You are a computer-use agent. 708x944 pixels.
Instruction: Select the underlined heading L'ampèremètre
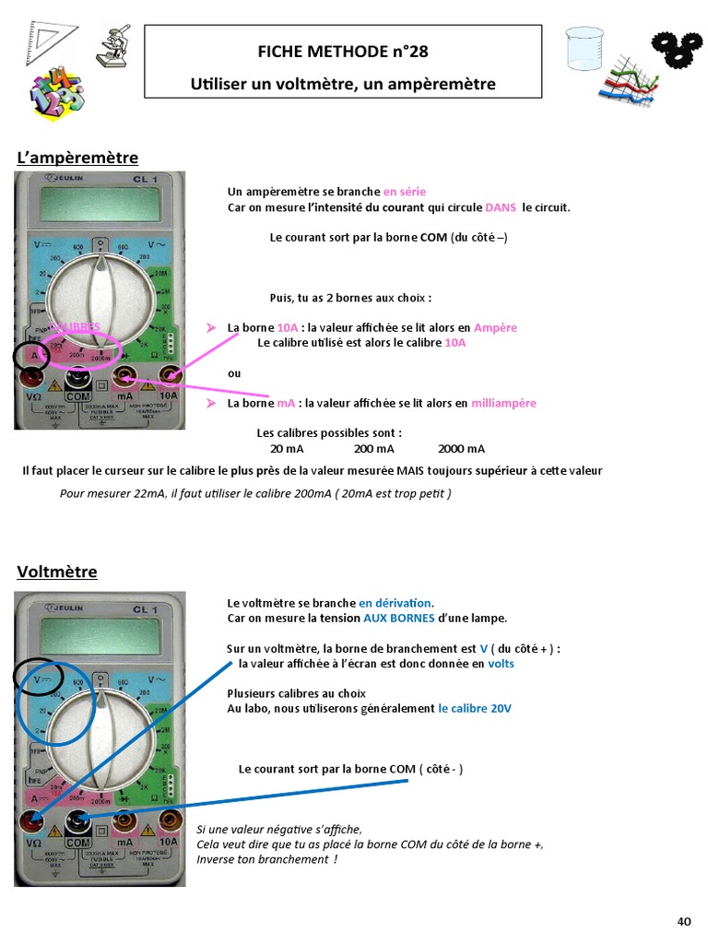(77, 158)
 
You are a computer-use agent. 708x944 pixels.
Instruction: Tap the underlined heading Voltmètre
(57, 572)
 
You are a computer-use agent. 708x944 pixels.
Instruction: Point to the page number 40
(684, 921)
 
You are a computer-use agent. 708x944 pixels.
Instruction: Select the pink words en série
(405, 192)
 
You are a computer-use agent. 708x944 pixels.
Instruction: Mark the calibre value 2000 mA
(461, 449)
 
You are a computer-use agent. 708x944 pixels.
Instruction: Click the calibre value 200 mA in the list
(373, 449)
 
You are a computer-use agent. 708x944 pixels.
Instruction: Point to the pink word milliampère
(503, 403)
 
